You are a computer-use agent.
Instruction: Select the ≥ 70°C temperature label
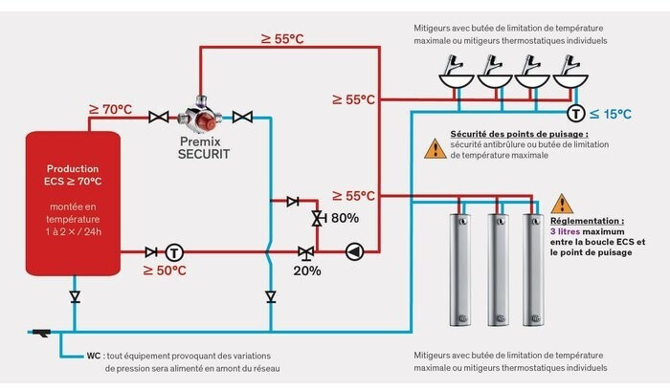coord(110,110)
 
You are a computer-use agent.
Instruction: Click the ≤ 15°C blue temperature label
coord(610,115)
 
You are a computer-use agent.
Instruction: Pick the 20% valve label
coord(307,271)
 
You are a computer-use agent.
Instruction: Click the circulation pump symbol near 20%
coord(354,252)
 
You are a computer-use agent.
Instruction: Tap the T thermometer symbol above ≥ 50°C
coord(173,252)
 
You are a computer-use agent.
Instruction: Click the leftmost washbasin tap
coord(455,70)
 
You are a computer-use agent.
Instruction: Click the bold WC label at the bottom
coord(94,356)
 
